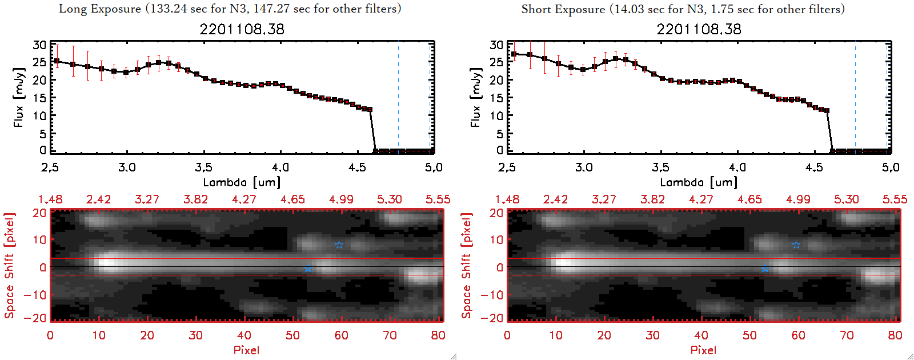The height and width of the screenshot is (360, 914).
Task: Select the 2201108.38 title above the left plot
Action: tap(242, 29)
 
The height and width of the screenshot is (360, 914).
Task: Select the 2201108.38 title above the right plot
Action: tap(699, 29)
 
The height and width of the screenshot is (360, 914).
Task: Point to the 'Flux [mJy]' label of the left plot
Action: tap(19, 97)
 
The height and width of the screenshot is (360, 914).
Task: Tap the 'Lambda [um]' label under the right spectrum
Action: tap(699, 182)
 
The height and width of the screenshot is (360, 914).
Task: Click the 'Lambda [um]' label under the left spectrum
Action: tap(242, 182)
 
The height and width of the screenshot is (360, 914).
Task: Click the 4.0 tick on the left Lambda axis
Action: tap(280, 167)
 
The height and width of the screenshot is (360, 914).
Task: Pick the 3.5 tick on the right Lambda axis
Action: tap(660, 167)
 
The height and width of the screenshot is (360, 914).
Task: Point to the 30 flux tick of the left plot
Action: tap(39, 45)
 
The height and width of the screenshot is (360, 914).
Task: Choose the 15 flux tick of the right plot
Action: tap(496, 98)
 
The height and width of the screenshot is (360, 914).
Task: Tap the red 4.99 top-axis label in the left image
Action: tap(341, 199)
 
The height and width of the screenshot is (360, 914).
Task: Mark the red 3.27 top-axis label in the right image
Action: tap(604, 199)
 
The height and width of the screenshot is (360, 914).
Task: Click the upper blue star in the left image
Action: tap(339, 245)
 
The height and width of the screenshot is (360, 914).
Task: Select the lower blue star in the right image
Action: tap(765, 268)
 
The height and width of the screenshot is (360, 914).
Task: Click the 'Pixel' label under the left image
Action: tap(246, 350)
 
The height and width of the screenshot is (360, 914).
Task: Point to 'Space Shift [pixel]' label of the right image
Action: tap(466, 266)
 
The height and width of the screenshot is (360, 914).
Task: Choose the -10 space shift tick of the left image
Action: tap(35, 295)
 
